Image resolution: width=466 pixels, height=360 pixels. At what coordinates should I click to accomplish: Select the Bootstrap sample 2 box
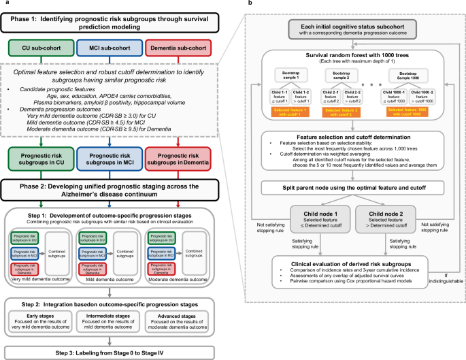(343, 75)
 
